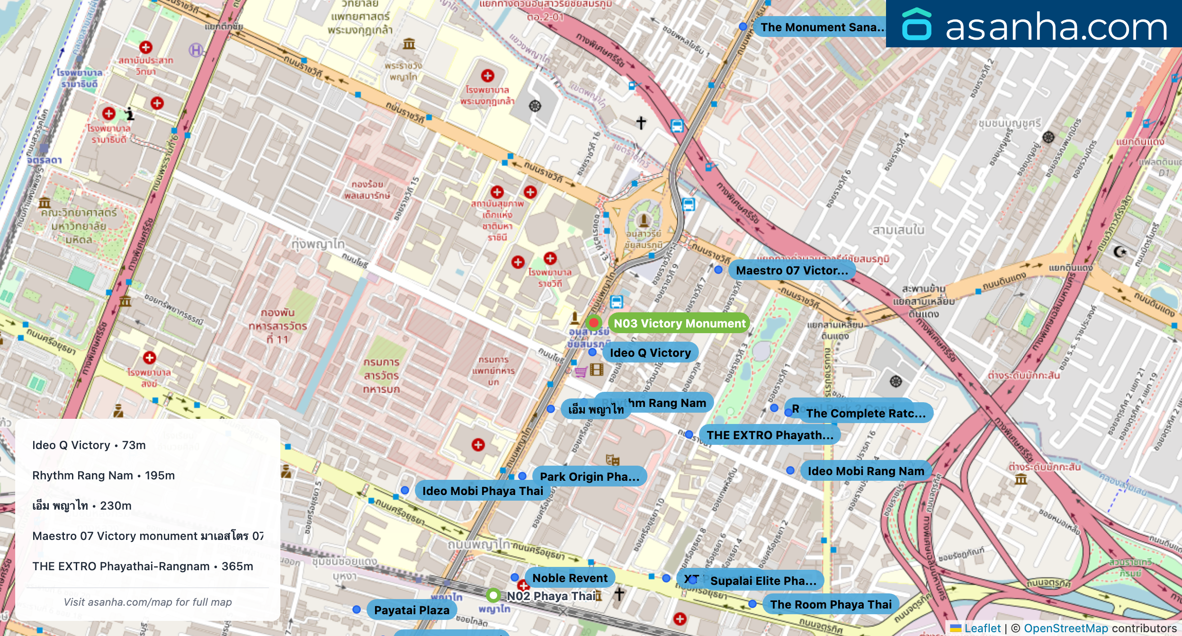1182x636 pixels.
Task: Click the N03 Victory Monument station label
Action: click(679, 323)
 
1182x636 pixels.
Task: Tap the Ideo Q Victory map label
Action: click(650, 353)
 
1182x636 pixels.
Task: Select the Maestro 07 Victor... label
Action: click(792, 270)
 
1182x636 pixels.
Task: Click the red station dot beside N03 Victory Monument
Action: click(593, 323)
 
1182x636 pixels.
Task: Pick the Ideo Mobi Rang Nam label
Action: click(866, 471)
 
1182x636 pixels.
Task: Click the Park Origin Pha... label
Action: click(589, 477)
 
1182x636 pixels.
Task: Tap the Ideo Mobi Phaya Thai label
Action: click(482, 491)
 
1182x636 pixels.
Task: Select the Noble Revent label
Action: click(570, 578)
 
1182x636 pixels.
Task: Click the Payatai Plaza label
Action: click(412, 610)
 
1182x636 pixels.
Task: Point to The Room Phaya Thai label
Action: click(831, 604)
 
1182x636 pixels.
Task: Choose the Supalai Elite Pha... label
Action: click(763, 581)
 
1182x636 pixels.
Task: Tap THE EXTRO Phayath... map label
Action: click(770, 435)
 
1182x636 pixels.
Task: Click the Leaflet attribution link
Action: click(982, 628)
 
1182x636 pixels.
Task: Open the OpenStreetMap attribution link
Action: click(1066, 628)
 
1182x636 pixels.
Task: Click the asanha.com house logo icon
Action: click(916, 24)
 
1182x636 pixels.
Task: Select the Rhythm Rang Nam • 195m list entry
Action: click(103, 475)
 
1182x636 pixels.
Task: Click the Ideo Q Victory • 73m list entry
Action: click(89, 445)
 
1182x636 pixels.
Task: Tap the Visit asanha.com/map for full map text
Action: click(148, 602)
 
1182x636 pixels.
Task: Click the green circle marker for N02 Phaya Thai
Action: click(493, 595)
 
